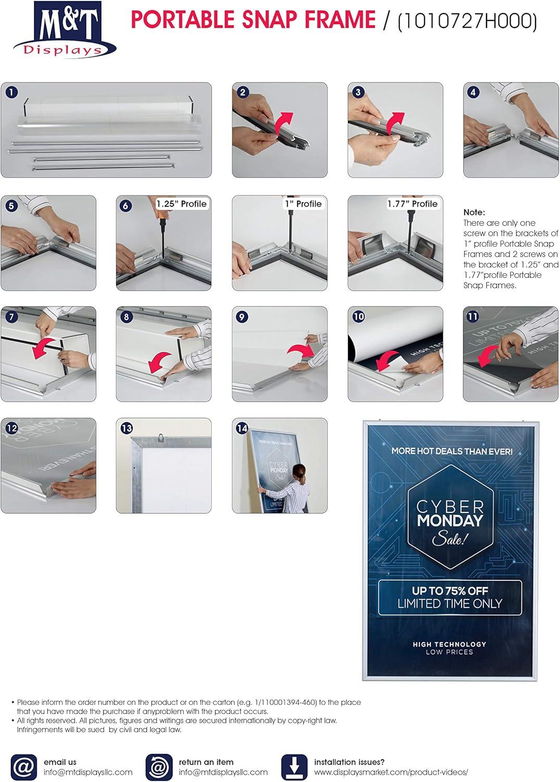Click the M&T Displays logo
coord(65,29)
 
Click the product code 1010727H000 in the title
coord(467,21)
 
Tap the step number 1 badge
coord(11,92)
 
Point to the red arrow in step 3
coord(394,124)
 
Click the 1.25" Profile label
coord(181,204)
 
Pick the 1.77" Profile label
coord(413,204)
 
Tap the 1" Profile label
coord(304,204)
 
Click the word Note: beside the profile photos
coord(474,212)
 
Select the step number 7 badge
coord(11,316)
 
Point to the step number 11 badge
coord(472,316)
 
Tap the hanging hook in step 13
coord(161,437)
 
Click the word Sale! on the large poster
coord(449,540)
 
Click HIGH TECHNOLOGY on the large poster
coord(450,644)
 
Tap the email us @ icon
coord(24,767)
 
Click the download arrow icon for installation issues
coord(294,767)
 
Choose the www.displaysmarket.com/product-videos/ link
coord(391,772)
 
